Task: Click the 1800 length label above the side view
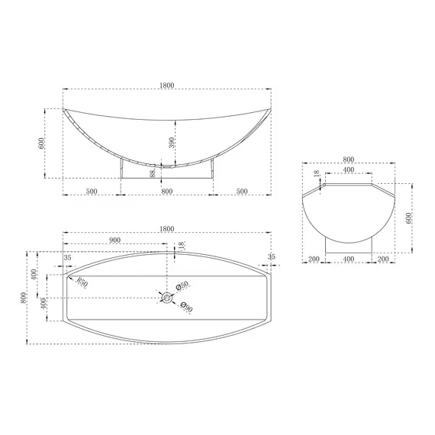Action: pos(167,85)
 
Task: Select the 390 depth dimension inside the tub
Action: pos(172,143)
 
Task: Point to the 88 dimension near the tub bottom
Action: pos(153,174)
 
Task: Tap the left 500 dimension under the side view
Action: pos(92,191)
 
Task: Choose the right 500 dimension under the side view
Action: pos(242,191)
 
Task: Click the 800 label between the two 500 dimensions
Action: pos(166,191)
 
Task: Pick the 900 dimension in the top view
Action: pos(114,240)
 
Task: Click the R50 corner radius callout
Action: pos(82,282)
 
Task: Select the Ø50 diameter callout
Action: pos(182,285)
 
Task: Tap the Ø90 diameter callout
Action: pos(186,307)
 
